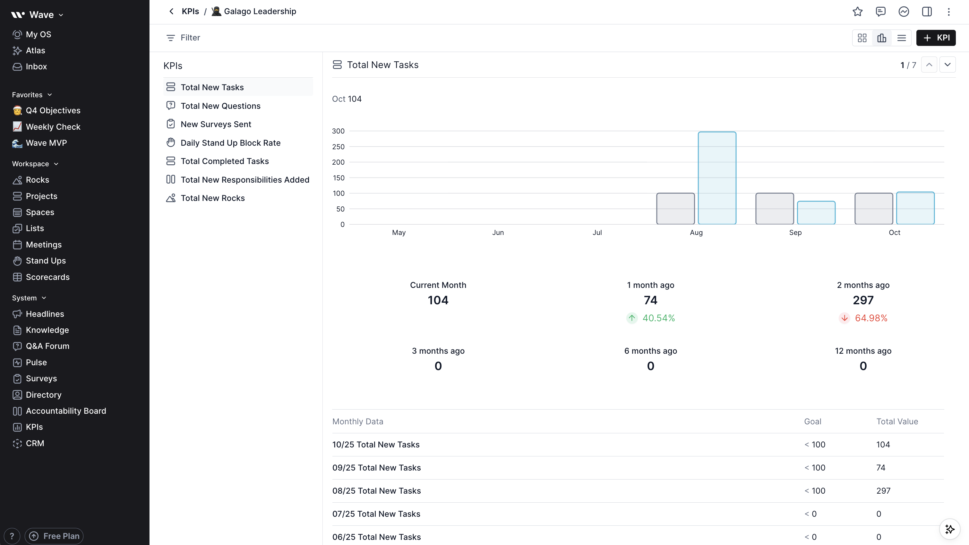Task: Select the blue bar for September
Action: [816, 213]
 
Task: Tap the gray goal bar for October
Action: [873, 209]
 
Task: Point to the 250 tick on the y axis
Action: [338, 147]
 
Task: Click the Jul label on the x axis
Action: [597, 233]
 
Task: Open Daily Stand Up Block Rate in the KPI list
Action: [230, 143]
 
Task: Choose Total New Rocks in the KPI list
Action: [212, 198]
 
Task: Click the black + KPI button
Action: [936, 38]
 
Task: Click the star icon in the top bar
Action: [858, 12]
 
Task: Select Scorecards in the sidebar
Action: [47, 277]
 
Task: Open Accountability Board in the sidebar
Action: [66, 411]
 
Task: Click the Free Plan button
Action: [54, 536]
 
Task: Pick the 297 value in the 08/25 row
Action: [883, 491]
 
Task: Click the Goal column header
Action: [812, 421]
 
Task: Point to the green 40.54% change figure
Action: [658, 318]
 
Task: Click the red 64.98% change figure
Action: [871, 318]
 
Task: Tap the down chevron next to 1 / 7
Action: [947, 65]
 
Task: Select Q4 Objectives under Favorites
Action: [53, 110]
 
